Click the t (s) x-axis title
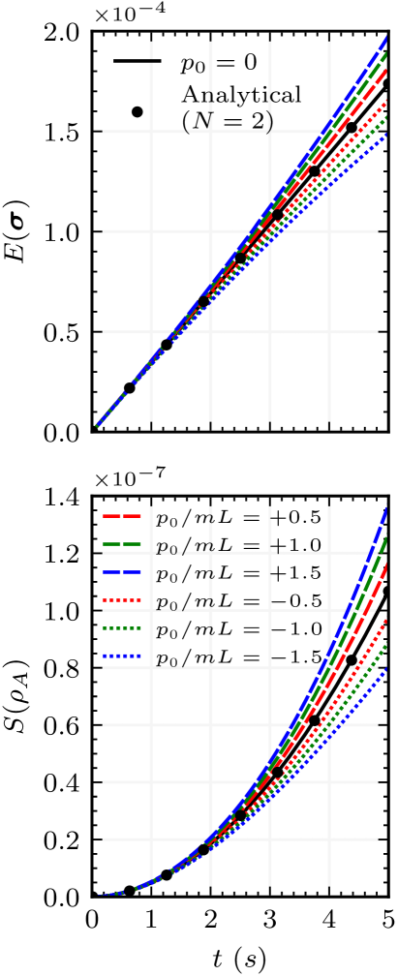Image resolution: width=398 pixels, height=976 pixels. click(x=239, y=958)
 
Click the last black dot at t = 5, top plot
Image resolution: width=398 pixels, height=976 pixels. click(x=387, y=85)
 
